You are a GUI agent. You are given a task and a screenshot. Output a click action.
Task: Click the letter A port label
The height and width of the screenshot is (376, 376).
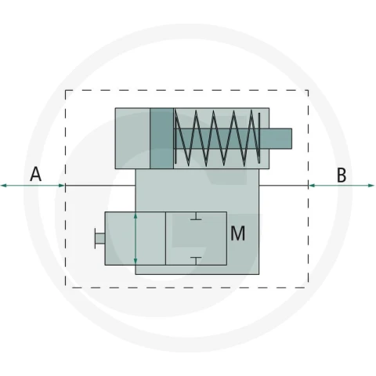(36, 174)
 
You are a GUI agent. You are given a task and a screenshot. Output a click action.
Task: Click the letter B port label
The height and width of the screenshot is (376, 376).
(342, 175)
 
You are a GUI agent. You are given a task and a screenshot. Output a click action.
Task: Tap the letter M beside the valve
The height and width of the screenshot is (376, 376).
(237, 233)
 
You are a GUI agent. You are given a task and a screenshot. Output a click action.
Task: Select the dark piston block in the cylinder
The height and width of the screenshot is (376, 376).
(161, 139)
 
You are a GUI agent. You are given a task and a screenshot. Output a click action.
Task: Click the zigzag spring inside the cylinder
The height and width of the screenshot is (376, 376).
(217, 138)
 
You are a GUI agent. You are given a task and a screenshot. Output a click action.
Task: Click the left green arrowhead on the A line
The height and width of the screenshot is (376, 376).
(4, 186)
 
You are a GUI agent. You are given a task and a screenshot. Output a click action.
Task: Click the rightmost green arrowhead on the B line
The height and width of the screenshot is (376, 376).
(371, 186)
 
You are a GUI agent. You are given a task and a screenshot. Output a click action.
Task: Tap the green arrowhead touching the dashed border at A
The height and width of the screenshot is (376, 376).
(62, 186)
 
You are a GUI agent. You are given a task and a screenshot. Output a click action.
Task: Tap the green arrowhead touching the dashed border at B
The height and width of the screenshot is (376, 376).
(312, 186)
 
